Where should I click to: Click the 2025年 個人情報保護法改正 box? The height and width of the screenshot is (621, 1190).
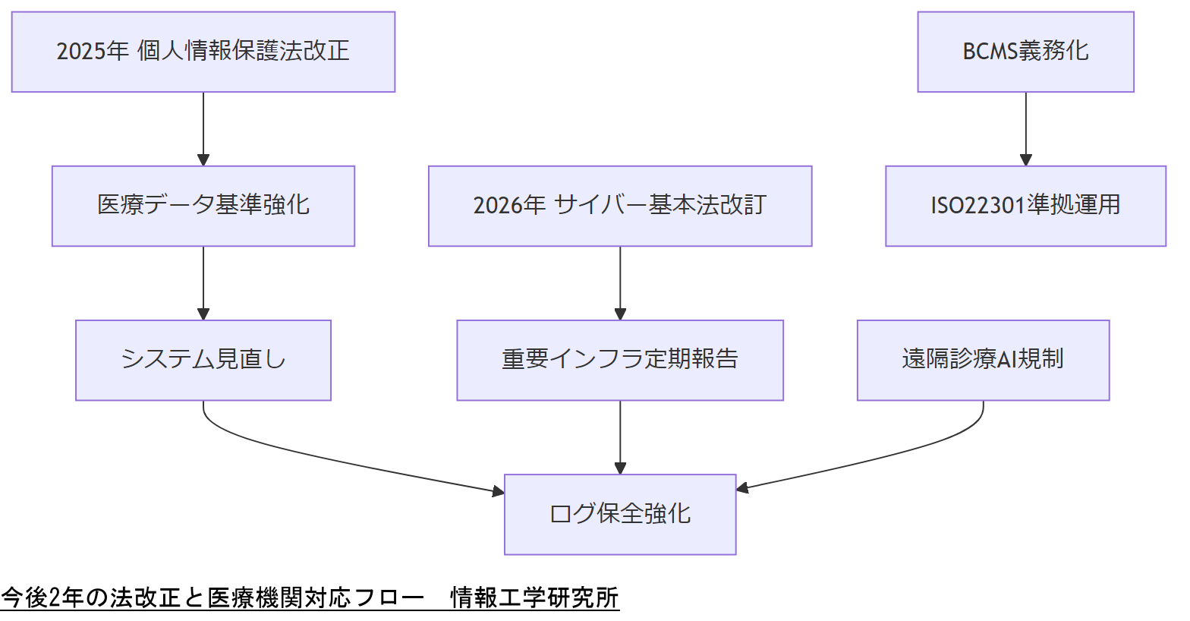[203, 52]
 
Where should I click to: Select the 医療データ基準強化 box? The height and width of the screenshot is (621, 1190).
[203, 206]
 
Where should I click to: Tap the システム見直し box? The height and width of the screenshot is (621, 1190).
[203, 360]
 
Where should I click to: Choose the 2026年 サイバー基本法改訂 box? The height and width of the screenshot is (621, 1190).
[620, 206]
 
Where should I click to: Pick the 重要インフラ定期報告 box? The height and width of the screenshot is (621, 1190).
[620, 360]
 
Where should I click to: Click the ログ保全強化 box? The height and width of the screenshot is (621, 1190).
[620, 514]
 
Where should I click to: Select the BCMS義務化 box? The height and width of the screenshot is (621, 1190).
[1025, 52]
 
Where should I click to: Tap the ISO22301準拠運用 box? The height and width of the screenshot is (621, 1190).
[1025, 206]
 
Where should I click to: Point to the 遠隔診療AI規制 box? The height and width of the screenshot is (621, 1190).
[983, 360]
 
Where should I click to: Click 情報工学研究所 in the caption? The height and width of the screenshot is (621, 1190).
[534, 598]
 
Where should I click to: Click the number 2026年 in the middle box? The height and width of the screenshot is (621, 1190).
[509, 206]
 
